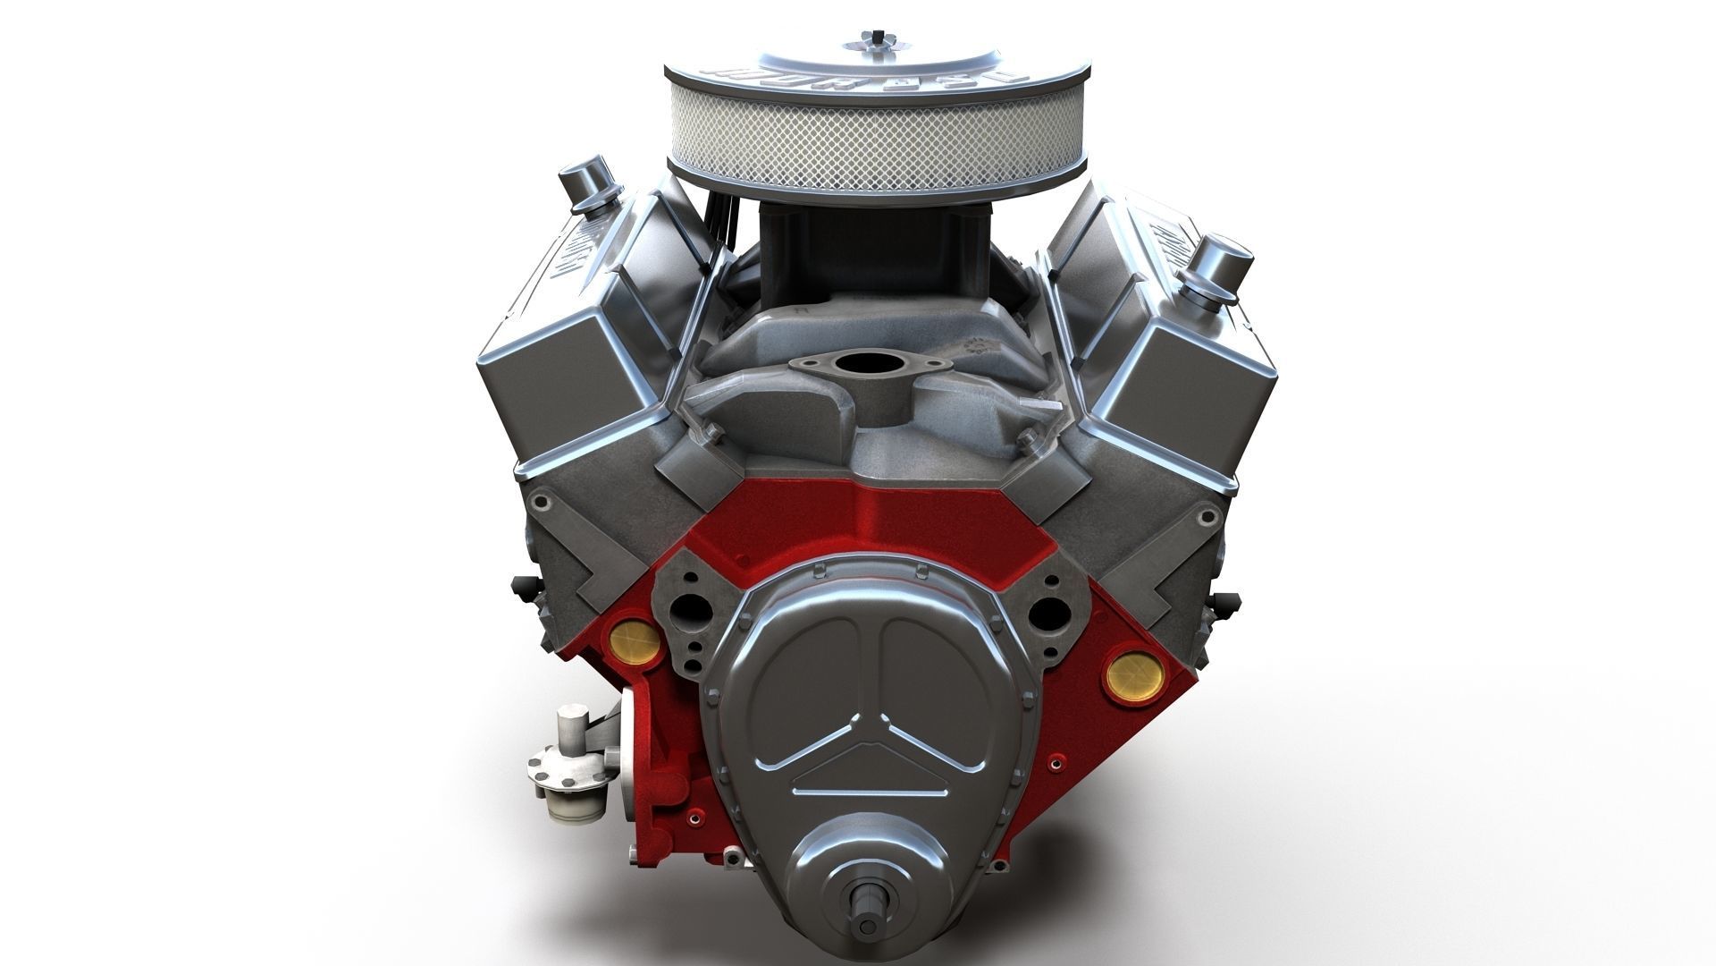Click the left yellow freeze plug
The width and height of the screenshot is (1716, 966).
pyautogui.click(x=635, y=637)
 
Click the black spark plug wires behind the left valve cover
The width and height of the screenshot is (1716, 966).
pyautogui.click(x=715, y=224)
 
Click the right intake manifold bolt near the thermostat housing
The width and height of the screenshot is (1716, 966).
pyautogui.click(x=1027, y=439)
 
